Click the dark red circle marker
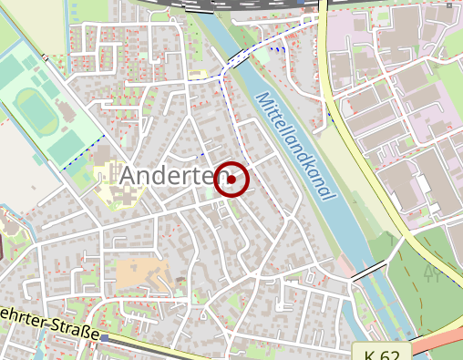(x=231, y=180)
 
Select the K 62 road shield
(x=383, y=352)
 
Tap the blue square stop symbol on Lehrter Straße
(x=105, y=337)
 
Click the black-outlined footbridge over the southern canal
(x=369, y=271)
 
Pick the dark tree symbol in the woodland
(x=432, y=273)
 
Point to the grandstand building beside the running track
(x=66, y=113)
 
